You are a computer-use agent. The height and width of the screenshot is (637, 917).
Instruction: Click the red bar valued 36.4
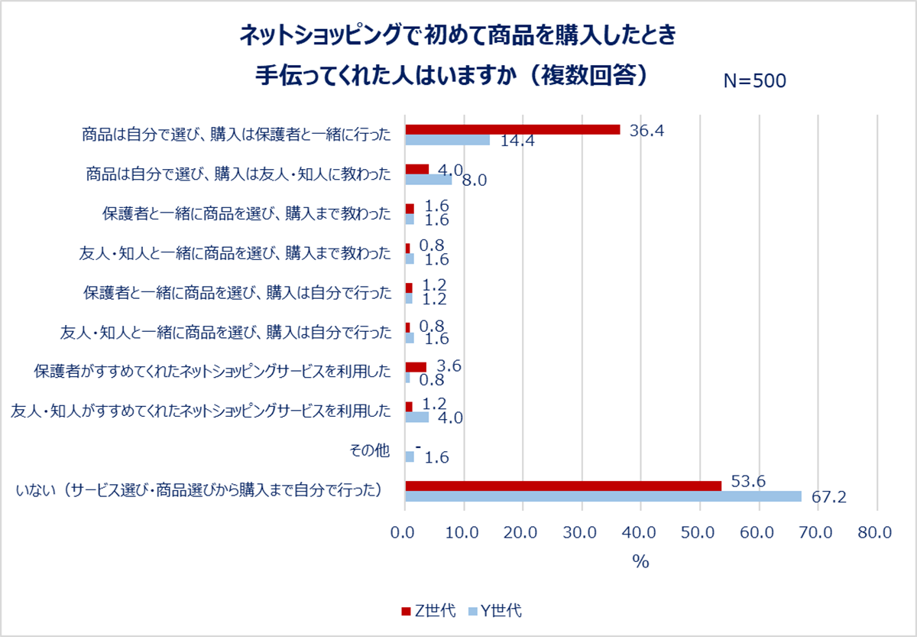coord(512,129)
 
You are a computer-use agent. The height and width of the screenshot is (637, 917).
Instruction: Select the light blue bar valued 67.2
coord(603,496)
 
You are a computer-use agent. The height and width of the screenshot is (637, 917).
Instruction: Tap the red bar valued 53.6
coord(563,486)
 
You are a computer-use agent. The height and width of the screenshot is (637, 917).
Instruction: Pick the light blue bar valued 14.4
coord(447,140)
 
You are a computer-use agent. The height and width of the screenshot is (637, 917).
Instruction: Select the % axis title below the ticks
coord(640,561)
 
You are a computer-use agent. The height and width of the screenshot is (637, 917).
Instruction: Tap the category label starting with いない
coord(199,491)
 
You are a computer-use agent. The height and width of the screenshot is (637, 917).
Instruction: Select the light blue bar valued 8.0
coord(428,180)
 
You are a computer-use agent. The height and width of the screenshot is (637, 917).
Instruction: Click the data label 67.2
coord(828,499)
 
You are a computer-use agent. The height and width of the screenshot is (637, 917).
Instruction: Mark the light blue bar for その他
coord(410,457)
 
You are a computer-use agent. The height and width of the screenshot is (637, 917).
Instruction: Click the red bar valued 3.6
coord(416,367)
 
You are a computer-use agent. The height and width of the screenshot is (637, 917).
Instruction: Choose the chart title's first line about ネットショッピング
coord(458,34)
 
